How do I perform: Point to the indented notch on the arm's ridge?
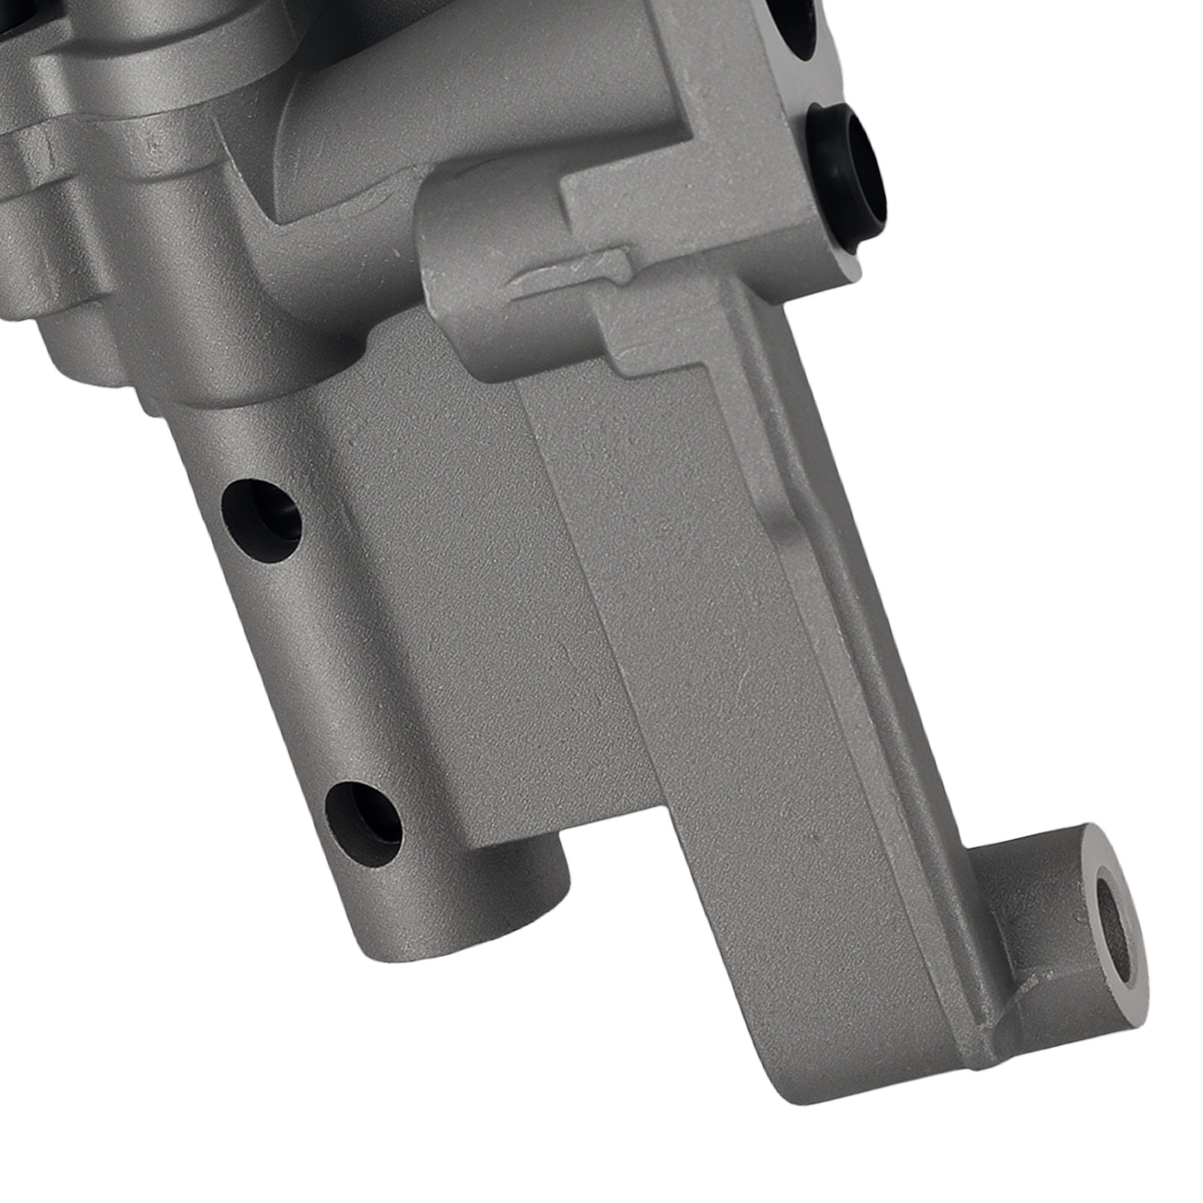tap(789, 526)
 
